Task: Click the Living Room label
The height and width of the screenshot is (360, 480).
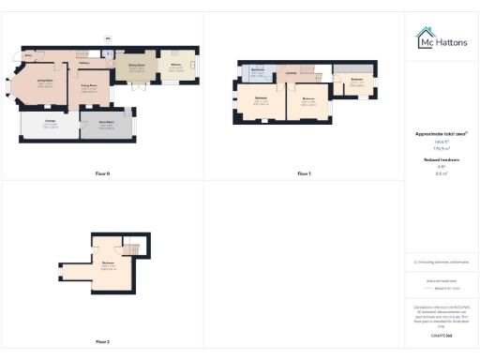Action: [43, 81]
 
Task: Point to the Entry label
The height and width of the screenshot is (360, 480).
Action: [29, 56]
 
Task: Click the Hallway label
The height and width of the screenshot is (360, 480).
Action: [97, 64]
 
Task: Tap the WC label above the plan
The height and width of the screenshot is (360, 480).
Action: [108, 38]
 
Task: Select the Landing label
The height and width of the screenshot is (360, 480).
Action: [292, 73]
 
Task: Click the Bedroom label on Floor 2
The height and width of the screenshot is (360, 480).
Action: [108, 263]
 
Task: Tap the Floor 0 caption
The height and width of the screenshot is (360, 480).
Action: [102, 174]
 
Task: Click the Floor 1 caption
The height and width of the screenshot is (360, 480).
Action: [303, 174]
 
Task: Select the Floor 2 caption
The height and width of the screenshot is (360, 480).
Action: [102, 341]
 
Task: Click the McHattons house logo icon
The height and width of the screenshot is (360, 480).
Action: [424, 38]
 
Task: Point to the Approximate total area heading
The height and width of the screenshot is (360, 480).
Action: [441, 134]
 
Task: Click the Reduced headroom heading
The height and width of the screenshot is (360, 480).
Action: [441, 160]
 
